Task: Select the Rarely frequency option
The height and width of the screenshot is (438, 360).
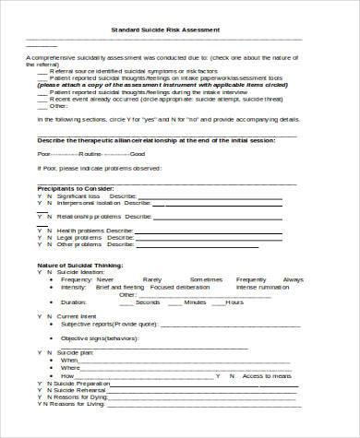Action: (152, 278)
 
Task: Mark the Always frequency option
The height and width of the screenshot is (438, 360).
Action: (293, 278)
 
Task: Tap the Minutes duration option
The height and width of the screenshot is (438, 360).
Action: (195, 301)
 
